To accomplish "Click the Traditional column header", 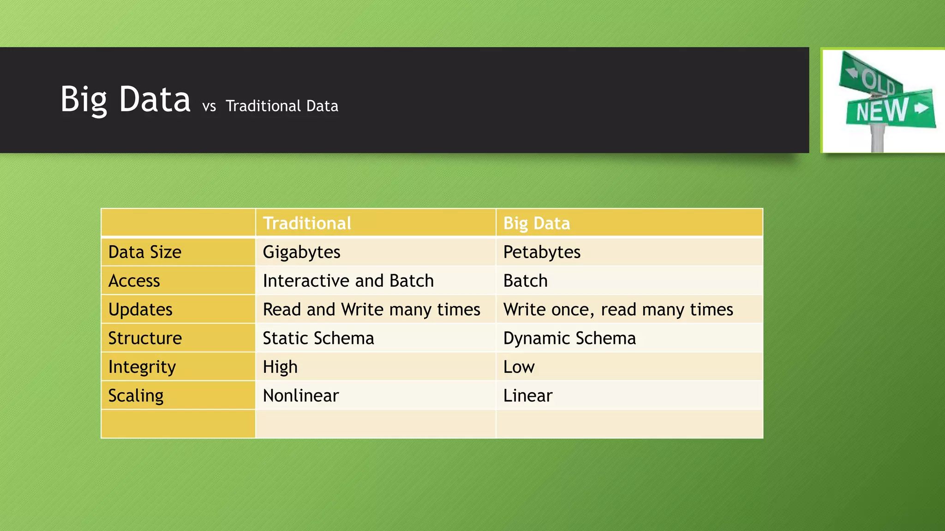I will [x=307, y=224].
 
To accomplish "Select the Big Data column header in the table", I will [x=536, y=224].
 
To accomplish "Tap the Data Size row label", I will [x=145, y=252].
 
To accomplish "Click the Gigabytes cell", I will [x=301, y=252].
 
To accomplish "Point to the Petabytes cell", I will [x=542, y=252].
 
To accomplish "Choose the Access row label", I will [x=134, y=281].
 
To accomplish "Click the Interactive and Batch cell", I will [x=348, y=281].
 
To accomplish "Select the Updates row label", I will [x=140, y=309].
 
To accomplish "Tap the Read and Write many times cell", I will [x=371, y=309].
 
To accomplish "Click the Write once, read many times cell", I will [x=618, y=309].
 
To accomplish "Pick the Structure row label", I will [x=145, y=338].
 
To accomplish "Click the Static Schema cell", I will [x=318, y=338].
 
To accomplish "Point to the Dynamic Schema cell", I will [x=569, y=338].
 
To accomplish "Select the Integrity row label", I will [x=142, y=367].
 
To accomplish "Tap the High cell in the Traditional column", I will [x=280, y=367].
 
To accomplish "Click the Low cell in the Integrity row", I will [x=519, y=367].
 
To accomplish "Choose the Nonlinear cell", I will [x=301, y=395].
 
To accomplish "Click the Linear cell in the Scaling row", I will [x=527, y=395].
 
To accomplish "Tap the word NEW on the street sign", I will [x=882, y=111].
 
